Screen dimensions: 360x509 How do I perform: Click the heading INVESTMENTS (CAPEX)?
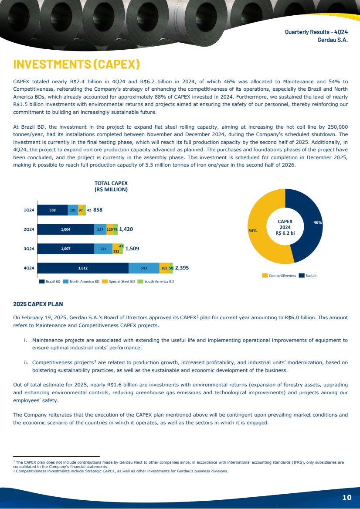point(77,64)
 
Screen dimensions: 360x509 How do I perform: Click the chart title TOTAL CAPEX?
point(111,183)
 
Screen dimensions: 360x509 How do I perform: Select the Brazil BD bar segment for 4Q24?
point(83,268)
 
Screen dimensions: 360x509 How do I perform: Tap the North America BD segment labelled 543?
point(144,268)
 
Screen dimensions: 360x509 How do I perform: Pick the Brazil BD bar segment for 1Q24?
point(53,210)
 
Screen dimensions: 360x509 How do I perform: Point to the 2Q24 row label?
point(29,229)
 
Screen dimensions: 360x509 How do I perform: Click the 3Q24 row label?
point(29,249)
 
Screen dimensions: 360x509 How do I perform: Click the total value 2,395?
point(182,268)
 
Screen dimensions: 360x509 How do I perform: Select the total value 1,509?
point(132,249)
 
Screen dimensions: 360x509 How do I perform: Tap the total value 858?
point(98,210)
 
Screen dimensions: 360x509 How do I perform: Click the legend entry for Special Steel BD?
point(119,281)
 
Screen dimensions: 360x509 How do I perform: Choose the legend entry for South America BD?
point(156,281)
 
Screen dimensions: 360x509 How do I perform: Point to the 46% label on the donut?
point(318,222)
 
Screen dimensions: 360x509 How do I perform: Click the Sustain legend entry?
point(308,276)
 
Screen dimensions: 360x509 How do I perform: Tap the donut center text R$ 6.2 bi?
point(285,233)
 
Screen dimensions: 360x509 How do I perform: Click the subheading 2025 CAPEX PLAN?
point(38,304)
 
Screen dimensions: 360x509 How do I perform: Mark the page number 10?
point(346,497)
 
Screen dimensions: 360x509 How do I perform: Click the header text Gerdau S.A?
point(333,40)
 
